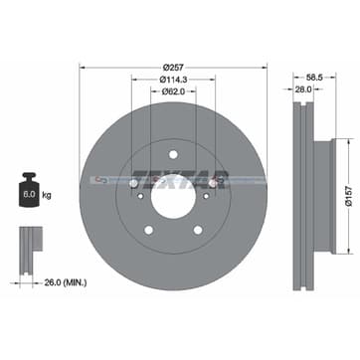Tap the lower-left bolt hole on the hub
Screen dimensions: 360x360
click(148, 230)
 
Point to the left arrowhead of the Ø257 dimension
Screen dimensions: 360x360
click(81, 68)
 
